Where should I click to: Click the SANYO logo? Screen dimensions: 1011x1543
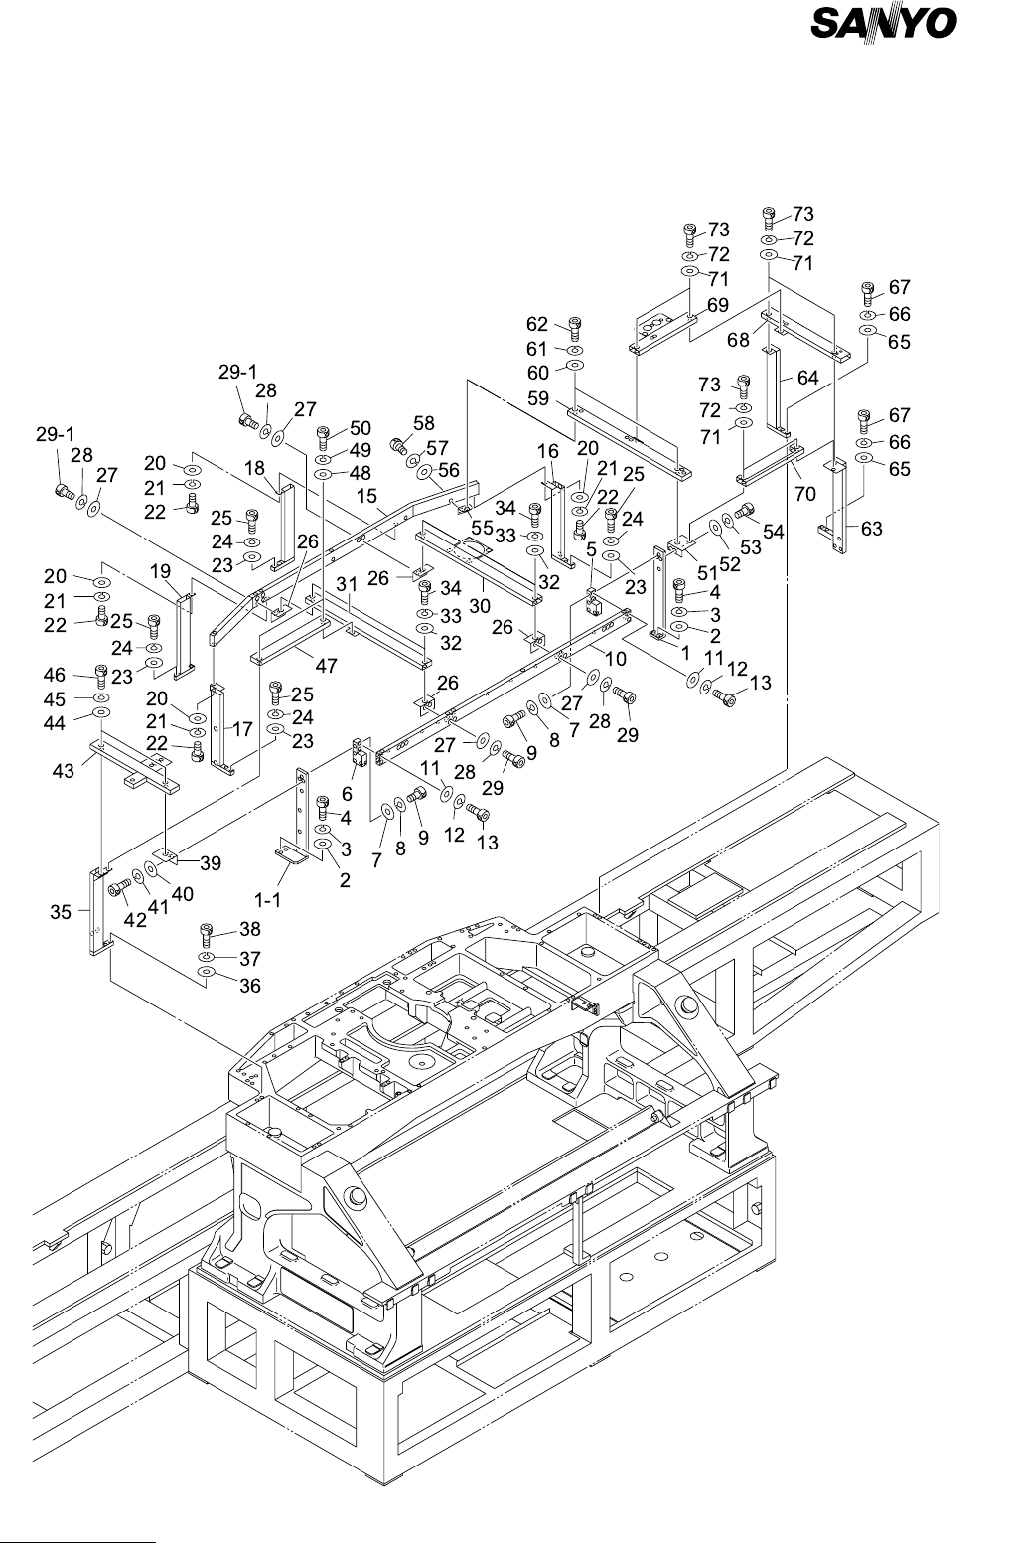point(884,25)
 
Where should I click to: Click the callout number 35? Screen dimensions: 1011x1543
point(61,913)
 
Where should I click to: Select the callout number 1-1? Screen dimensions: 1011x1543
point(268,900)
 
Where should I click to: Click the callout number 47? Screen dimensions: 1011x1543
point(327,666)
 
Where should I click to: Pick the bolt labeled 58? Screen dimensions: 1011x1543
point(399,446)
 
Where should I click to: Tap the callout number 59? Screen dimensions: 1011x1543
point(538,398)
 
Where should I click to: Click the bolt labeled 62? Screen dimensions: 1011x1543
point(576,329)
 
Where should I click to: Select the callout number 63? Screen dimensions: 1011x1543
point(871,529)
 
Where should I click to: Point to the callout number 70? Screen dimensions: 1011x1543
point(805,494)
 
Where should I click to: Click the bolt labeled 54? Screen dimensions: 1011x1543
point(745,512)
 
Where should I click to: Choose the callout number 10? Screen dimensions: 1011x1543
point(616,659)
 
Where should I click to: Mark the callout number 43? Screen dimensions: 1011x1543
point(64,771)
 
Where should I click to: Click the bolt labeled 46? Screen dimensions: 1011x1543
point(101,675)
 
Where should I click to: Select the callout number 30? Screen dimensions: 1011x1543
point(480,607)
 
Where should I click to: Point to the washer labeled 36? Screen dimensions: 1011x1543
point(206,972)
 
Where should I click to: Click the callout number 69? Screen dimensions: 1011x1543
point(718,305)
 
